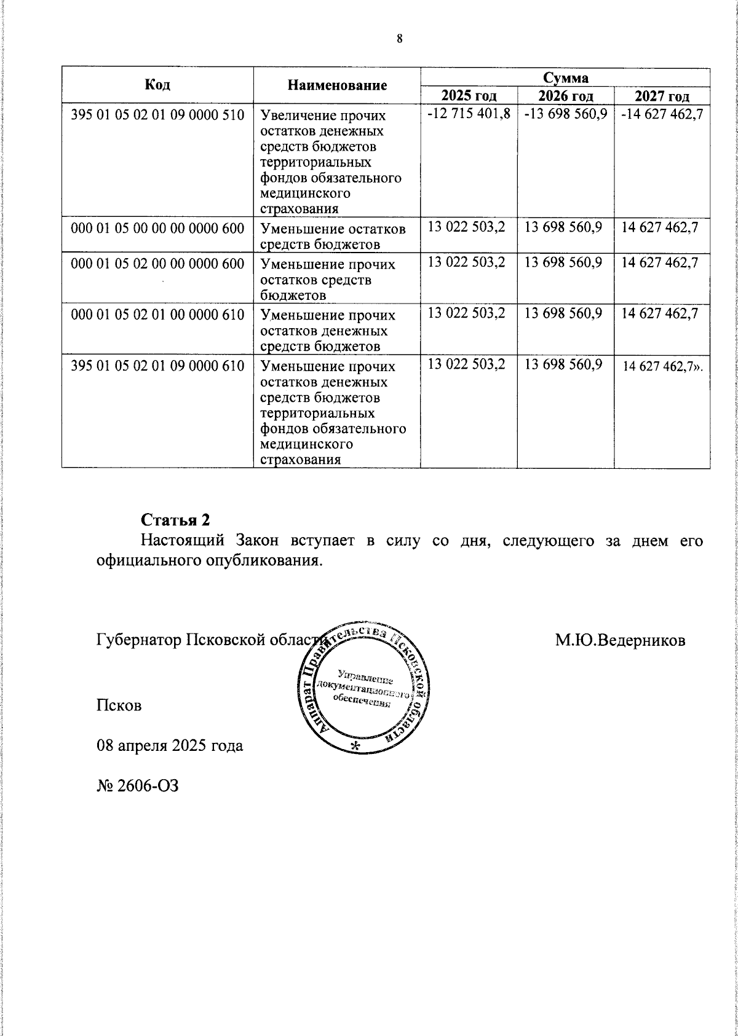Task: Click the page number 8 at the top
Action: (399, 39)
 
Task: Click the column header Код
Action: (157, 85)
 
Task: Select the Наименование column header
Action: (337, 85)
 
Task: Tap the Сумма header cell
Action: (565, 77)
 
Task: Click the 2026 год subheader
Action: (565, 96)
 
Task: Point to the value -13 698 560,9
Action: (565, 114)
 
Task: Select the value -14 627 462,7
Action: (662, 114)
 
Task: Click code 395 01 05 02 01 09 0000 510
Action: (158, 115)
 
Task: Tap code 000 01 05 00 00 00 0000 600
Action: (158, 229)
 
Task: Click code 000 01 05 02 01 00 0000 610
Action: (158, 315)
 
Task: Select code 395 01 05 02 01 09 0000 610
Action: (158, 366)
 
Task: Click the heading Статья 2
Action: (176, 520)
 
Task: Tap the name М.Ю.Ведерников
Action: (621, 640)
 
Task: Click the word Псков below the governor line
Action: (119, 705)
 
